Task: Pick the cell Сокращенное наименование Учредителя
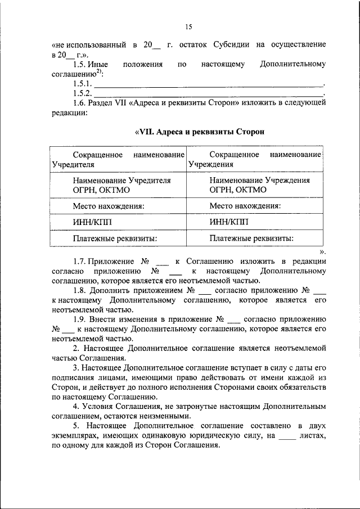118,159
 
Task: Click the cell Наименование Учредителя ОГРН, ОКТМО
118,185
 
